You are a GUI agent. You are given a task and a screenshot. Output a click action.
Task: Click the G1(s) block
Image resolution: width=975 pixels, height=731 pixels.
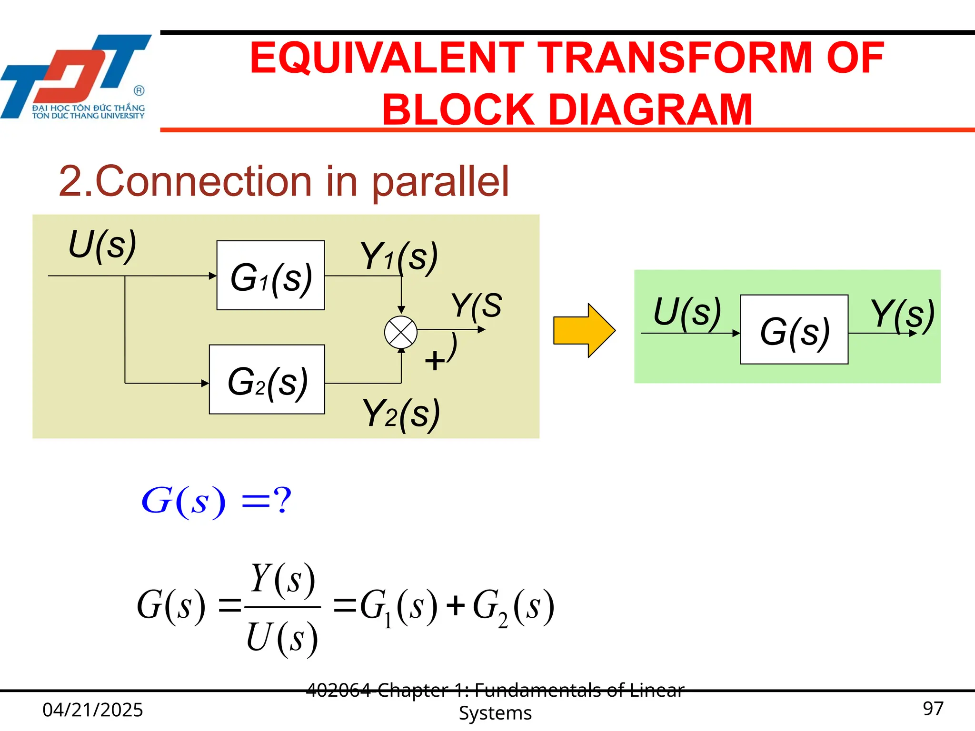coord(270,276)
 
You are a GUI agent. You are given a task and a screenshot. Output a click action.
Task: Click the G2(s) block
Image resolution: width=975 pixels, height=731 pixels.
coord(267,380)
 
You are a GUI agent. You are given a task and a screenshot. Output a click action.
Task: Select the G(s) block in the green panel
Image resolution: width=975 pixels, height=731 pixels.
coord(794,330)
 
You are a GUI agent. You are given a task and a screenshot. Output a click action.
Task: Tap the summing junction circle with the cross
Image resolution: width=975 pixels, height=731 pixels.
coord(401,332)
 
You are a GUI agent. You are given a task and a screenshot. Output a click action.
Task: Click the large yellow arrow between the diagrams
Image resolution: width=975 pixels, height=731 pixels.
coord(584,330)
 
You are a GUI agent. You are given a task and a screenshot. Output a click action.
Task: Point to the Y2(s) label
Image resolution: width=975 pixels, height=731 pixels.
coord(401,414)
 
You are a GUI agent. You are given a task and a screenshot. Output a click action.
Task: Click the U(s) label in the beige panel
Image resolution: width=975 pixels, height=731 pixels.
coord(103,246)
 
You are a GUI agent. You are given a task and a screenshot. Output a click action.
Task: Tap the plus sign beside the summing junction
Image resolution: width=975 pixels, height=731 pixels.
coord(434,361)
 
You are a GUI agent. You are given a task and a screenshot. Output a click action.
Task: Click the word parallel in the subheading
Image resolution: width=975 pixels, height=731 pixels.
coord(440,181)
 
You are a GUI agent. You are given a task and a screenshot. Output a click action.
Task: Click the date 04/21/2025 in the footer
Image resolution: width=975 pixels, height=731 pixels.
coord(93,710)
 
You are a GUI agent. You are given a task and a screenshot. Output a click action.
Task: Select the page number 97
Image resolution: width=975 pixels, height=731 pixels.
coord(933,709)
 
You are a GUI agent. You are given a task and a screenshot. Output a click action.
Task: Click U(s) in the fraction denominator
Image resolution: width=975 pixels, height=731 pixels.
coord(282,638)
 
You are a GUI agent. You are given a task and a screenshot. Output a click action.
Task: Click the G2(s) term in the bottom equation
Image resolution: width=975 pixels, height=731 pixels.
coord(513,607)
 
